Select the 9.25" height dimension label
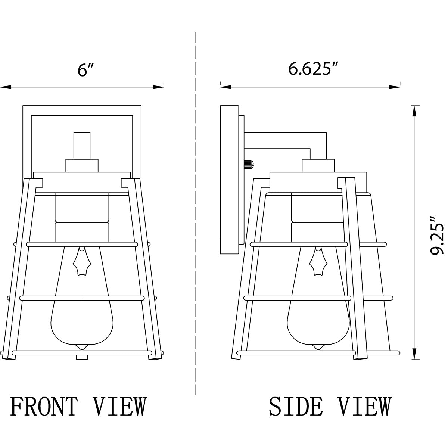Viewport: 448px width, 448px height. [x=436, y=236]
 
